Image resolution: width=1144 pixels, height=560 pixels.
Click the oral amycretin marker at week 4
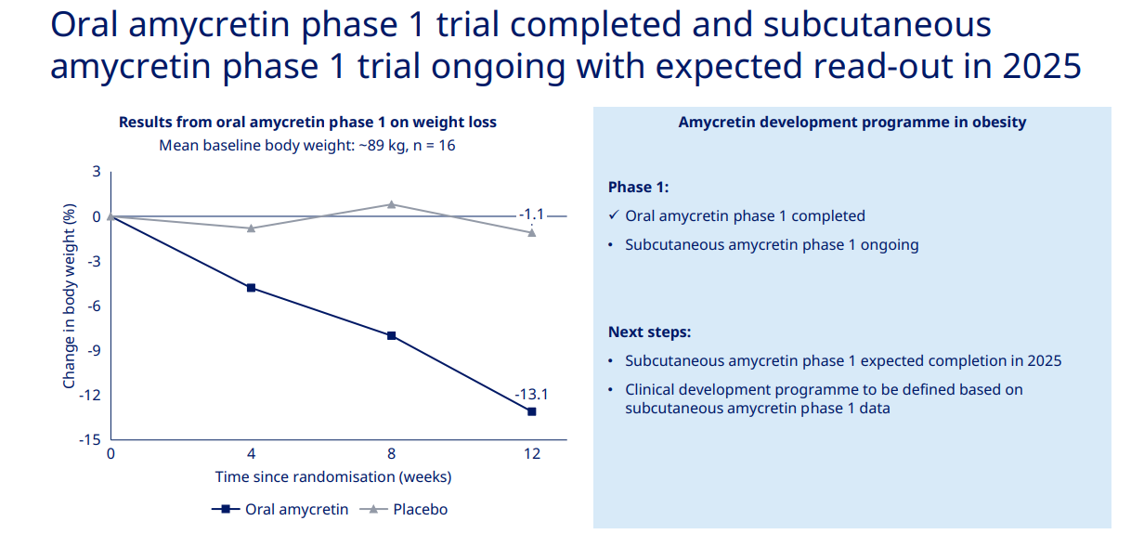pyautogui.click(x=251, y=288)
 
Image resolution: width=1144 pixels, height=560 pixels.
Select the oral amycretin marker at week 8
pyautogui.click(x=391, y=335)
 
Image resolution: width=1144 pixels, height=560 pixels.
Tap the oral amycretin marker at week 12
pyautogui.click(x=532, y=411)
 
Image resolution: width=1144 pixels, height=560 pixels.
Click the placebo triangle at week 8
pyautogui.click(x=391, y=204)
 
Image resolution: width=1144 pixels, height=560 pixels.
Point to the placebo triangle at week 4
pyautogui.click(x=251, y=228)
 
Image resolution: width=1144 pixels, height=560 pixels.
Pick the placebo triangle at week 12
pyautogui.click(x=532, y=232)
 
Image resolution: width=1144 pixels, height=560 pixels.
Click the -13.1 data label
pyautogui.click(x=531, y=394)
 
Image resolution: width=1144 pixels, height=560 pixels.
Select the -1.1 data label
pyautogui.click(x=531, y=215)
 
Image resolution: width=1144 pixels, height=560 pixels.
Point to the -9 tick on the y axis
pyautogui.click(x=93, y=350)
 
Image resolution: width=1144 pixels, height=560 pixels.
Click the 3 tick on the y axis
pyautogui.click(x=97, y=172)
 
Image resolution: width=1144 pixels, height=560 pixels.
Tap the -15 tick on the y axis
pyautogui.click(x=90, y=439)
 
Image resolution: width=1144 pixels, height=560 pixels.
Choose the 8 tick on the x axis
pyautogui.click(x=391, y=454)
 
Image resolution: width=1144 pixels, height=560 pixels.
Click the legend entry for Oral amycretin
pyautogui.click(x=279, y=509)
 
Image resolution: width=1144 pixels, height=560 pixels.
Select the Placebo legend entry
pyautogui.click(x=403, y=509)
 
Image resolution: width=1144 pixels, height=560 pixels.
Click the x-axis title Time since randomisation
pyautogui.click(x=333, y=476)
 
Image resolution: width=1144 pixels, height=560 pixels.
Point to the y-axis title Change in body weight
pyautogui.click(x=69, y=296)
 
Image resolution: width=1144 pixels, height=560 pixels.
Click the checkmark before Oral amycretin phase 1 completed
pyautogui.click(x=614, y=215)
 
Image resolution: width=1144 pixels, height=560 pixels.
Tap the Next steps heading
pyautogui.click(x=650, y=332)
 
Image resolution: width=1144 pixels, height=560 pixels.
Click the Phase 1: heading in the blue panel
pyautogui.click(x=639, y=187)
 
